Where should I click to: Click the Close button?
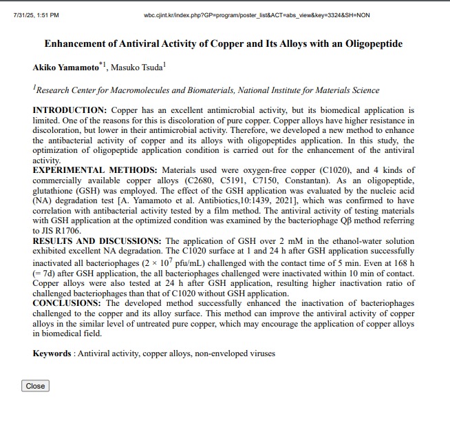[35, 386]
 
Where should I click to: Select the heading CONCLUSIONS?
[67, 303]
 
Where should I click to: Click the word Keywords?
[52, 353]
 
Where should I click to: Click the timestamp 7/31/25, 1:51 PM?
[36, 14]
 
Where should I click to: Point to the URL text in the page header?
[257, 14]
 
